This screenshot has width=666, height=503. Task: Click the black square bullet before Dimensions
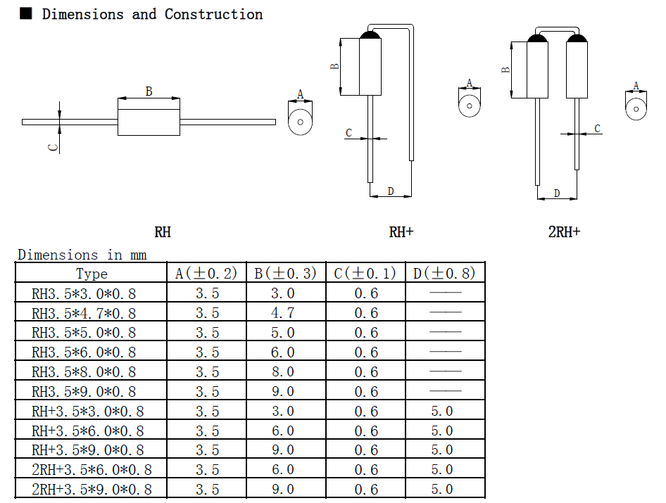pyautogui.click(x=25, y=13)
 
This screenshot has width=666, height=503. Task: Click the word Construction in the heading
pyautogui.click(x=213, y=14)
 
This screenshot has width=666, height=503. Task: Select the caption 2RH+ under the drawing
pyautogui.click(x=564, y=231)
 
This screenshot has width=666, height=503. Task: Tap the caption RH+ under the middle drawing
pyautogui.click(x=401, y=231)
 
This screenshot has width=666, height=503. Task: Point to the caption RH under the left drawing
pyautogui.click(x=163, y=231)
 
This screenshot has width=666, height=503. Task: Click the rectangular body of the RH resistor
pyautogui.click(x=149, y=122)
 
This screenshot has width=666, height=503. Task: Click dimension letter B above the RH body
pyautogui.click(x=149, y=91)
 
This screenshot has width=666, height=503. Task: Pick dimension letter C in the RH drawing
pyautogui.click(x=52, y=147)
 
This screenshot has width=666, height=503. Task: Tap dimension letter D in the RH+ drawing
pyautogui.click(x=390, y=191)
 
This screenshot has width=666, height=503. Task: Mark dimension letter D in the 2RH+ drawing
pyautogui.click(x=557, y=193)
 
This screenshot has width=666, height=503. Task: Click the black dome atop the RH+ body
pyautogui.click(x=370, y=34)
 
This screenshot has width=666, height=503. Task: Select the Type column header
pyautogui.click(x=92, y=274)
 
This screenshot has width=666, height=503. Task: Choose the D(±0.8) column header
pyautogui.click(x=444, y=273)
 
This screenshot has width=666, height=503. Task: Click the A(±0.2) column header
pyautogui.click(x=206, y=273)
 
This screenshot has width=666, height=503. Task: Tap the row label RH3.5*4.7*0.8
pyautogui.click(x=84, y=313)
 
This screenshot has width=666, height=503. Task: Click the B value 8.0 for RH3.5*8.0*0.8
pyautogui.click(x=283, y=371)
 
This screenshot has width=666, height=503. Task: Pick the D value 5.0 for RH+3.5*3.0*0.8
pyautogui.click(x=442, y=411)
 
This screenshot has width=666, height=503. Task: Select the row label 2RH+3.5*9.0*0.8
pyautogui.click(x=92, y=490)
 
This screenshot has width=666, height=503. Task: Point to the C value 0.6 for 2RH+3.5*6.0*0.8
pyautogui.click(x=365, y=470)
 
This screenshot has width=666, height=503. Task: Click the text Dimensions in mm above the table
pyautogui.click(x=82, y=255)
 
